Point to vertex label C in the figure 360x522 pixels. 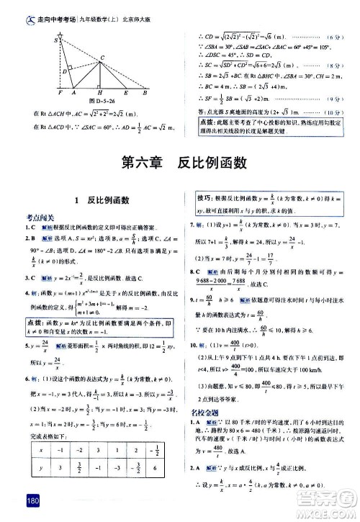pos(103,57)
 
